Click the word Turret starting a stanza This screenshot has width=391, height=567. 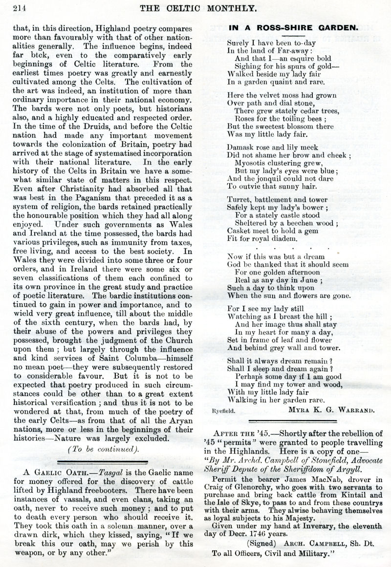click(240, 199)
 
